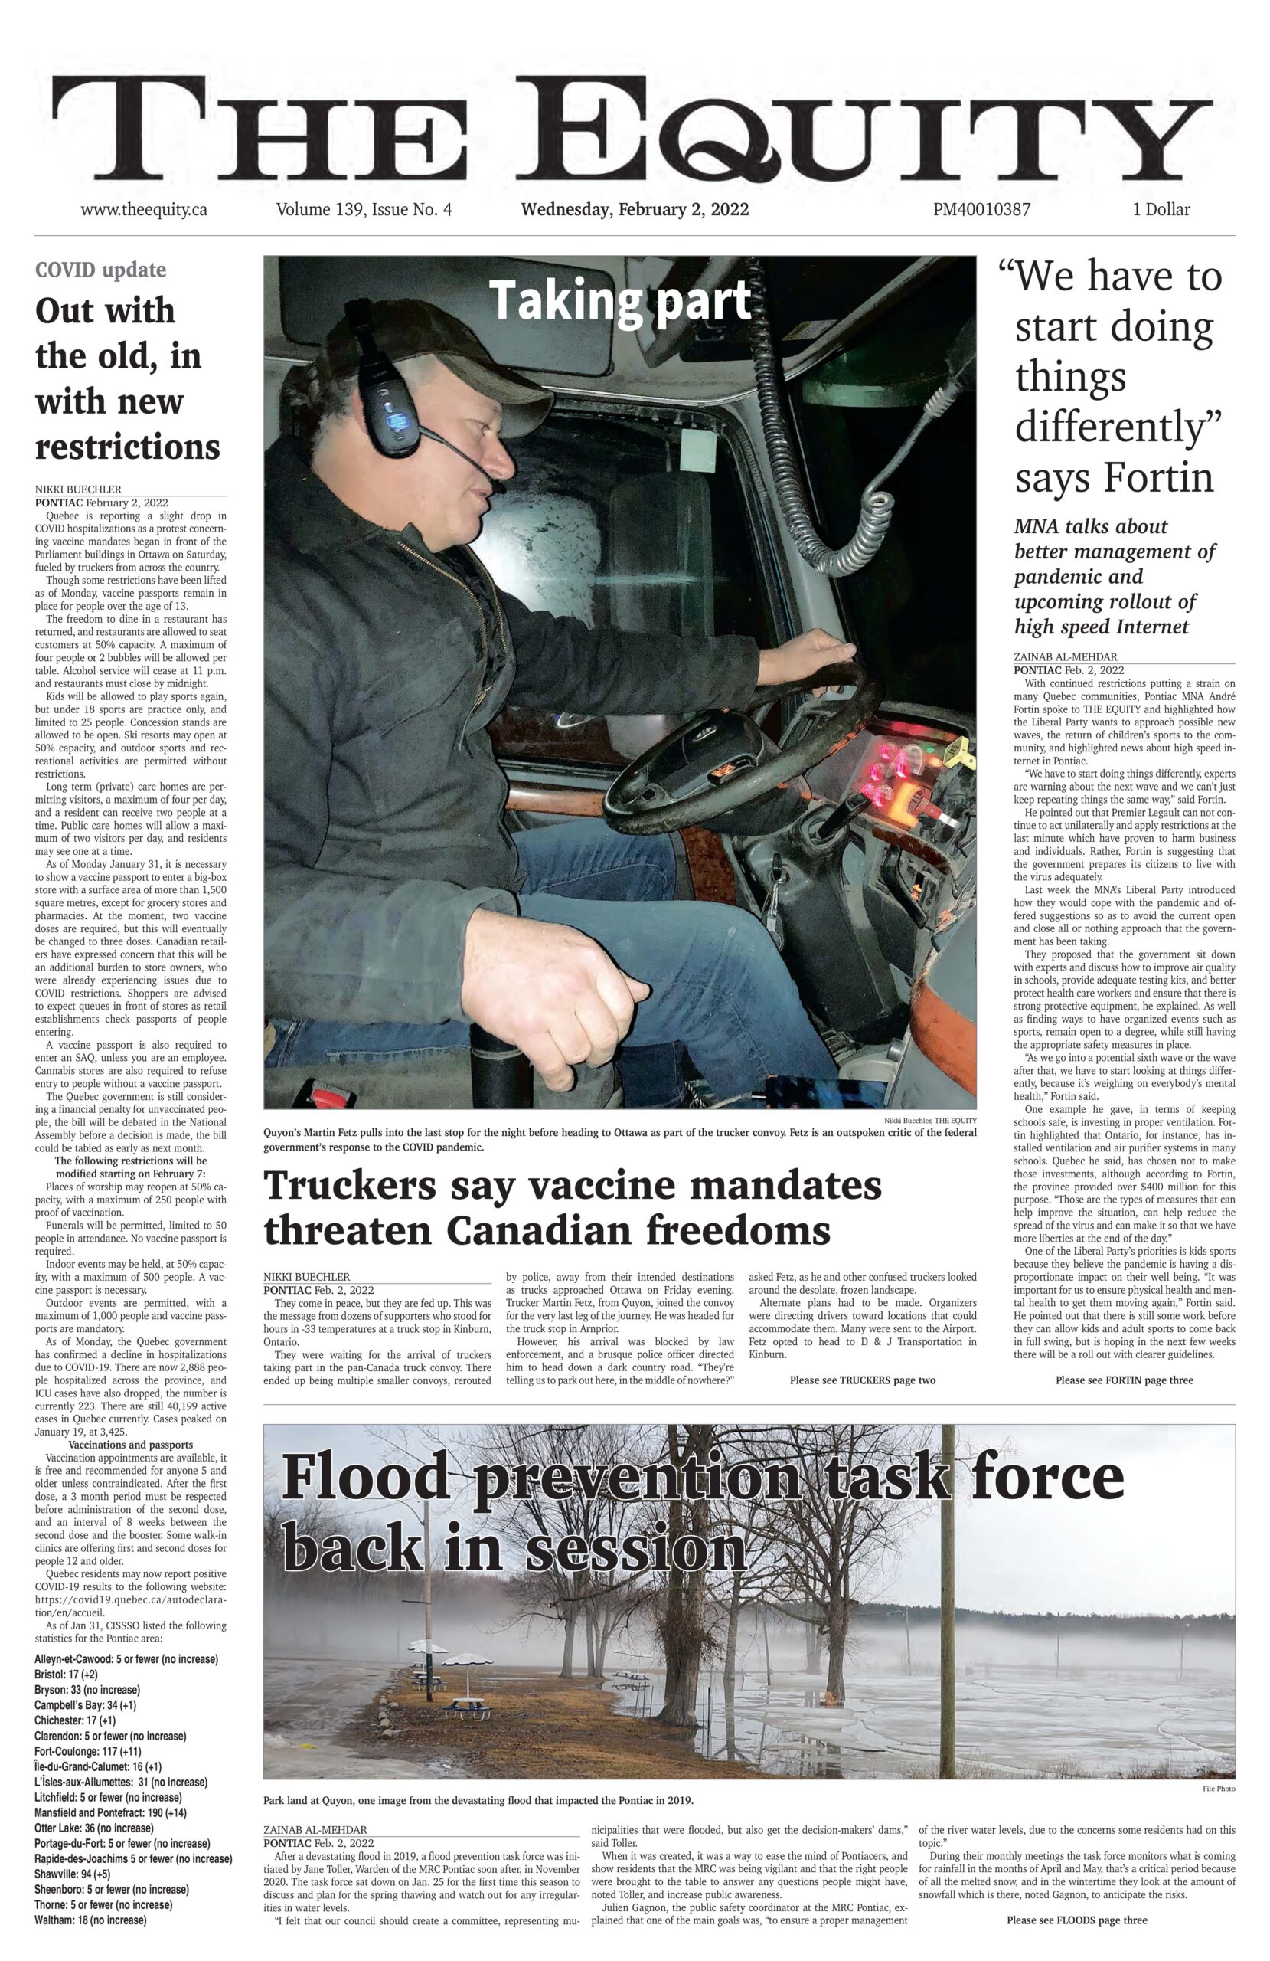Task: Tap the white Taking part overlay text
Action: pyautogui.click(x=620, y=300)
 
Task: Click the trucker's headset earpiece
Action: pyautogui.click(x=393, y=410)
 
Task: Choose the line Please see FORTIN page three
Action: pyautogui.click(x=1123, y=1380)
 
